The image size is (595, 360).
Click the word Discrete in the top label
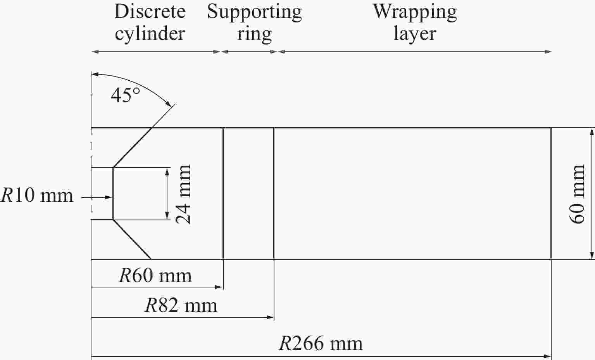[150, 12]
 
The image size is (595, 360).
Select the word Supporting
[254, 13]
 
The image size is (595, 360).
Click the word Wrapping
[415, 13]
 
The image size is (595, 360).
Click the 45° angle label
[125, 95]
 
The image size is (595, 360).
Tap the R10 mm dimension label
[37, 196]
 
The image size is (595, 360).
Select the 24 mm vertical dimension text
[183, 194]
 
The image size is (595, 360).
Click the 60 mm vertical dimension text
[577, 194]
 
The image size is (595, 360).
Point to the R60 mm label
[155, 276]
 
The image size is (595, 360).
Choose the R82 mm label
[181, 305]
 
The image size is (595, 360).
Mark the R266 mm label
[321, 343]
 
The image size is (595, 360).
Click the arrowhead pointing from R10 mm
[109, 197]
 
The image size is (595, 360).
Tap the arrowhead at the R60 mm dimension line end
[219, 287]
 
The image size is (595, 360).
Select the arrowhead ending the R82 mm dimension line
[270, 317]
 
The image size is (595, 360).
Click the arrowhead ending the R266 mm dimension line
[547, 356]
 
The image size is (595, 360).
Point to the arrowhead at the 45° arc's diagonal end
[169, 104]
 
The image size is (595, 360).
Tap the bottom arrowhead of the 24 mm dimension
[167, 216]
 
